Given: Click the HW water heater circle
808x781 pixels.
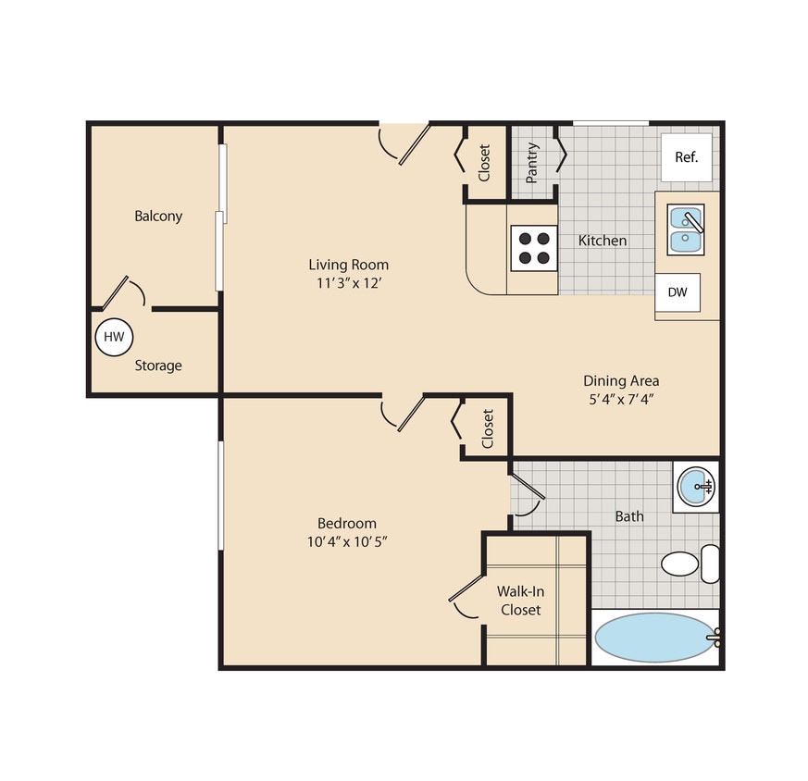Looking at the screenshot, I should [x=114, y=337].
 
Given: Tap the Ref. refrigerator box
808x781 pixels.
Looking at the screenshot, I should [x=685, y=157].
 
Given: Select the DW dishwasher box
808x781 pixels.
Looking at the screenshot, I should [x=677, y=292].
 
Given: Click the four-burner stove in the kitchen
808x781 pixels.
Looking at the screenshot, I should [x=531, y=248].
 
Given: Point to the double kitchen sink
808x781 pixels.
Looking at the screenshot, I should [x=686, y=229].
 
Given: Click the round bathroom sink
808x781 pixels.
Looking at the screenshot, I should [x=694, y=486].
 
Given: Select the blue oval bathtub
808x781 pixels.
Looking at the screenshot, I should [x=653, y=638].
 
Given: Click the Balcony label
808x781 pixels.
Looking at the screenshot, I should [x=158, y=217].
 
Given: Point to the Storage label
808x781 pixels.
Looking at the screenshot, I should [x=158, y=366].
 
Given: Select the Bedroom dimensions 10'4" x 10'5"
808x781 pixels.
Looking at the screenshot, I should [x=346, y=541].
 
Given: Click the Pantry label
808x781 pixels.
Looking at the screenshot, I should [x=533, y=162].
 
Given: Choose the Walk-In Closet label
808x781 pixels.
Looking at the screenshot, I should [x=519, y=600].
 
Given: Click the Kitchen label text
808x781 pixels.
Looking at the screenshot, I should [x=603, y=241].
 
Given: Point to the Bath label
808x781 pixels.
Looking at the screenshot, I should [x=629, y=516].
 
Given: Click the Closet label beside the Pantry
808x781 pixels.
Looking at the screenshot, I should [x=484, y=162].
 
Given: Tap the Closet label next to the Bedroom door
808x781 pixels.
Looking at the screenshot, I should [x=488, y=428].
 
